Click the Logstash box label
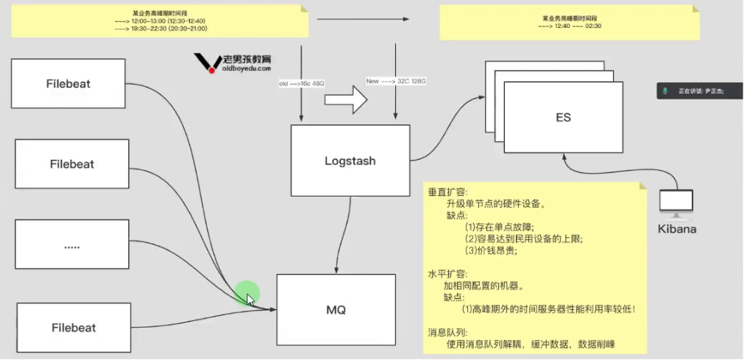click(350, 160)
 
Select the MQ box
click(336, 310)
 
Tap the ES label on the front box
click(563, 118)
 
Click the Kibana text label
click(677, 229)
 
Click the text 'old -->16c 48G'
click(301, 84)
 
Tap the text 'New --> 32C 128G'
click(396, 81)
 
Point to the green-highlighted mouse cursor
click(249, 298)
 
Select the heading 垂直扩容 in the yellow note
click(443, 191)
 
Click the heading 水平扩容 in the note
click(443, 272)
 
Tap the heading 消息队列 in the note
click(443, 332)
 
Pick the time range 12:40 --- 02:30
click(570, 26)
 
